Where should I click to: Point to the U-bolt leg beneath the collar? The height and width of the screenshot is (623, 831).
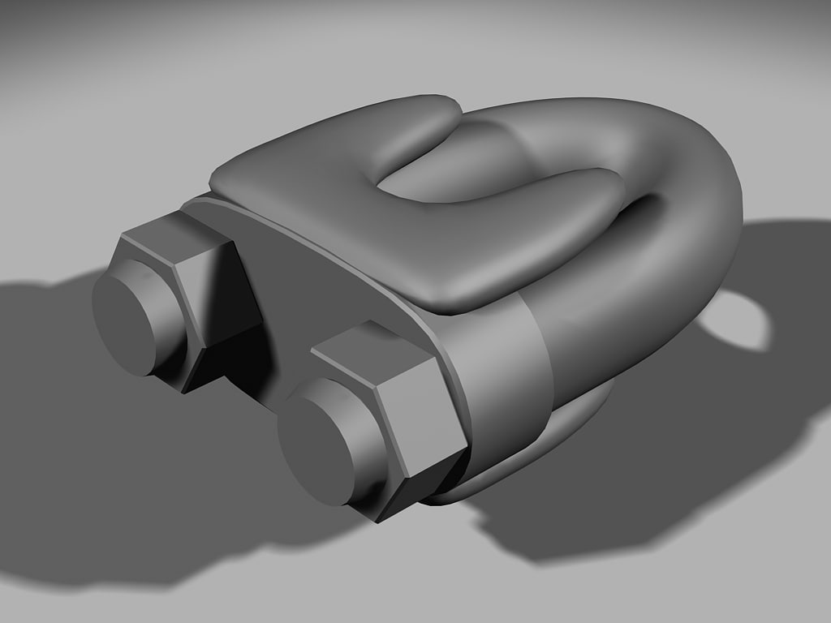point(568,422)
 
